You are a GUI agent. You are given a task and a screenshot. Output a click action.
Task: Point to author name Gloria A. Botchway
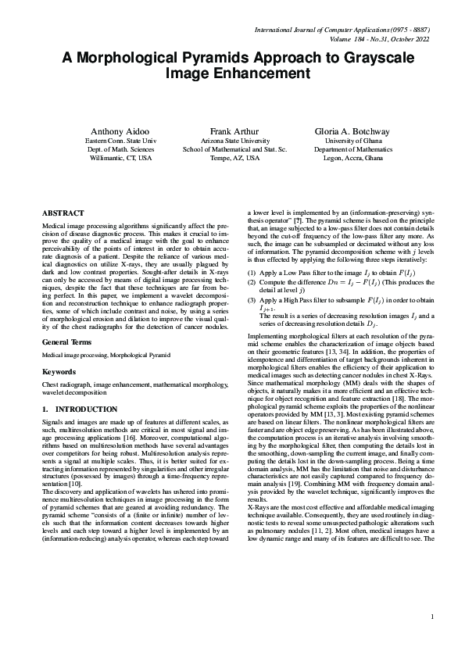click(x=352, y=131)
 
